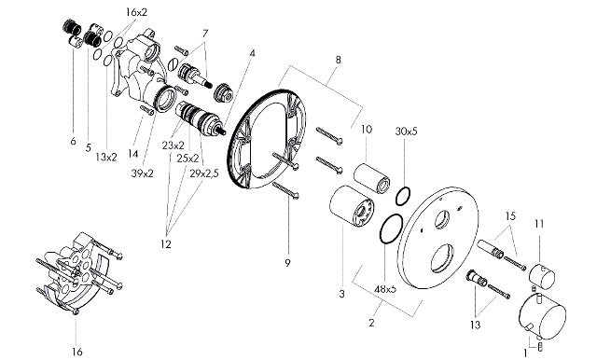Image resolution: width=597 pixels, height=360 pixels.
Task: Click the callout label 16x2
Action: click(x=136, y=12)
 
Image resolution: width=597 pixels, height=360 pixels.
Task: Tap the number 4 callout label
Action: click(x=252, y=53)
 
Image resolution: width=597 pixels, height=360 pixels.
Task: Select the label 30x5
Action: click(x=407, y=132)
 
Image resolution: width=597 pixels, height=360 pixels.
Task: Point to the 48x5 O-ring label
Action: click(x=385, y=289)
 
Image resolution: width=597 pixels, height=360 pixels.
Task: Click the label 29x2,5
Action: click(x=204, y=173)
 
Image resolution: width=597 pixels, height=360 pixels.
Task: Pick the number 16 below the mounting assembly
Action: click(x=76, y=352)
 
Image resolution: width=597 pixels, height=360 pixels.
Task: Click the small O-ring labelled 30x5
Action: click(x=403, y=196)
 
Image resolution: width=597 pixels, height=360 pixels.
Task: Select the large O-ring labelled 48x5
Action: click(x=391, y=228)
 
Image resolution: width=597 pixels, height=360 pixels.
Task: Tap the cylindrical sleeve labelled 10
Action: click(x=371, y=178)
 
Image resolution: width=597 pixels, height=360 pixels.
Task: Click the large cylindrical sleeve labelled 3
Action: click(x=352, y=206)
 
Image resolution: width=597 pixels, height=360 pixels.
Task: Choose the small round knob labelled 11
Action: click(x=542, y=275)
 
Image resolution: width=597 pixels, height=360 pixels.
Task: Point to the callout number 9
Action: click(x=287, y=263)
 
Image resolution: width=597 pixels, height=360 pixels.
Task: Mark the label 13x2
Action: click(x=106, y=158)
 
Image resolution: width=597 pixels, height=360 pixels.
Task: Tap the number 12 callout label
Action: click(x=166, y=244)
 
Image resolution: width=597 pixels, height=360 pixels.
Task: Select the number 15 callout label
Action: click(x=510, y=216)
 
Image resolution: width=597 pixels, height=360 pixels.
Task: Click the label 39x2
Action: click(x=142, y=173)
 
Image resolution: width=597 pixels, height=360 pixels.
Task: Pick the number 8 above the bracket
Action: click(x=338, y=60)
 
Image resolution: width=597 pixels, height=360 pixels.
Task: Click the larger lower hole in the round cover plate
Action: click(x=442, y=258)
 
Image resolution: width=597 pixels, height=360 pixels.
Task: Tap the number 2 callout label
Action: click(x=371, y=323)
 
